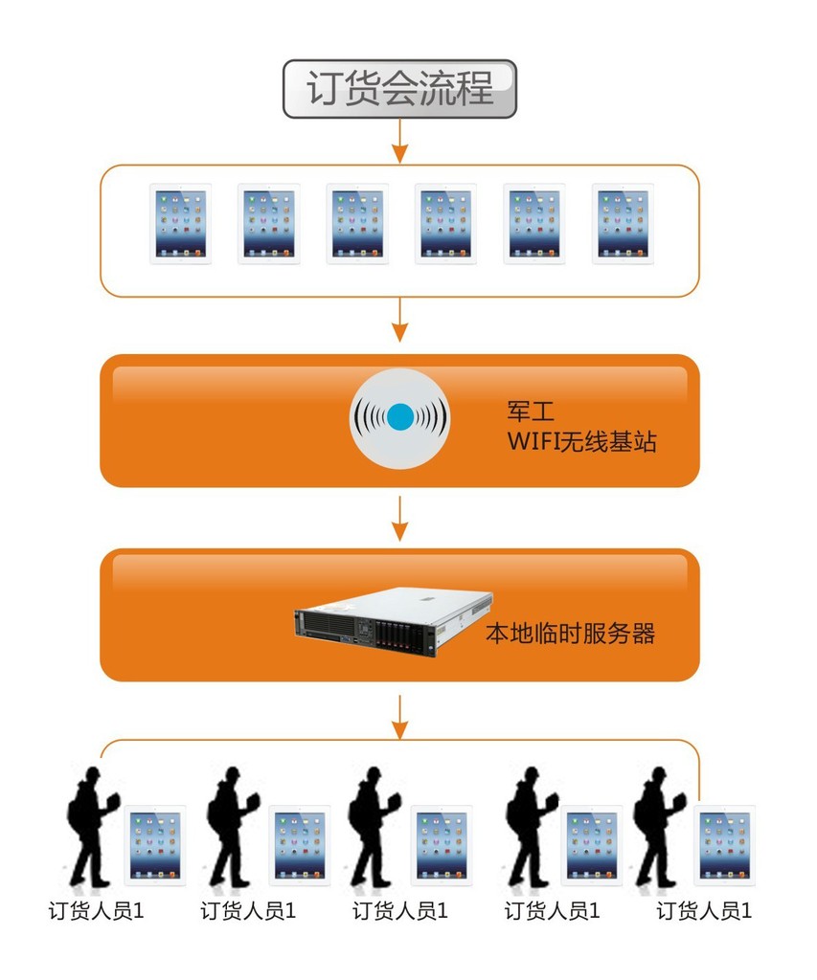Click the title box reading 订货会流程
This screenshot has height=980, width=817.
point(399,89)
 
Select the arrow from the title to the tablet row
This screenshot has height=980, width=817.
point(399,141)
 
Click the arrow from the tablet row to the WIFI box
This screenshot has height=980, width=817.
point(399,320)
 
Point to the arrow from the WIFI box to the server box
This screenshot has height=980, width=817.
point(399,518)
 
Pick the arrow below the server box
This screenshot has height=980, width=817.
point(399,716)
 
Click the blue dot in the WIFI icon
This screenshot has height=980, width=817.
point(400,417)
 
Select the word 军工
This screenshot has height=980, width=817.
point(531,412)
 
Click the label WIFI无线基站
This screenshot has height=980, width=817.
point(581,441)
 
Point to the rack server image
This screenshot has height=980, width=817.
point(394,622)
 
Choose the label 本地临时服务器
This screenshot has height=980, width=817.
point(571,634)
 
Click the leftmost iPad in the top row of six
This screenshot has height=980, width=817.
point(180,224)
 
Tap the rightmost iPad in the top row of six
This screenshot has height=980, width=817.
point(624,224)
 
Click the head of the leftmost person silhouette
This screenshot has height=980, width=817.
point(93,774)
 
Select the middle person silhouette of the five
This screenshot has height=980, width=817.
point(373,826)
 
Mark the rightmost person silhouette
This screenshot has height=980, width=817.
point(658,826)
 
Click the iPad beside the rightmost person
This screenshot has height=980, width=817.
point(724,845)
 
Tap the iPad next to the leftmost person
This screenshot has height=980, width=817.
point(155,845)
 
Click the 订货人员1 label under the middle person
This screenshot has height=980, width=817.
point(400,911)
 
